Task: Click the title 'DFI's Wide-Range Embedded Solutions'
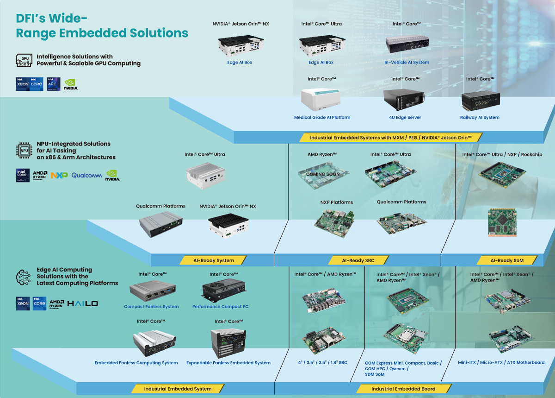[x=102, y=26]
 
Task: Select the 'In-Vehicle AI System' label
[x=407, y=63]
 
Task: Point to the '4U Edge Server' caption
[x=405, y=118]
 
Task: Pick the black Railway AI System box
[x=481, y=101]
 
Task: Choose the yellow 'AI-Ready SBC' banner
[x=358, y=260]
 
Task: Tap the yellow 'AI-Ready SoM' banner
[x=507, y=260]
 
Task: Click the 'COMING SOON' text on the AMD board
[x=323, y=175]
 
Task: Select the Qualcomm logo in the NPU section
[x=86, y=176]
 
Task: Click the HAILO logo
[x=83, y=303]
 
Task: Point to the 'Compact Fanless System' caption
[x=151, y=307]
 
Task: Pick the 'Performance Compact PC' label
[x=220, y=307]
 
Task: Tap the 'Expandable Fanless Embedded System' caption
[x=228, y=363]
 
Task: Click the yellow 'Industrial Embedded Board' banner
[x=403, y=389]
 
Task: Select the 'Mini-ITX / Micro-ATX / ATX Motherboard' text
[x=501, y=362]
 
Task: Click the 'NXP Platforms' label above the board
[x=337, y=202]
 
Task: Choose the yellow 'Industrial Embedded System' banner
[x=178, y=389]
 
